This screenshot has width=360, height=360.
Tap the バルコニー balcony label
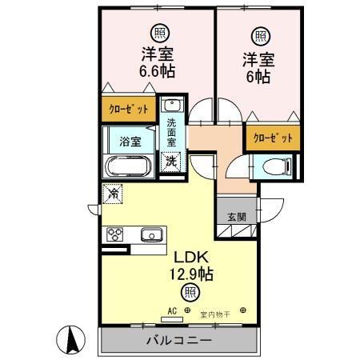[178, 339]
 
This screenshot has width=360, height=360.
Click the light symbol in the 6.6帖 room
[160, 33]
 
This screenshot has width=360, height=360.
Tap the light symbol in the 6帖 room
[260, 35]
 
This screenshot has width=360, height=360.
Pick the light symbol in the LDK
[189, 292]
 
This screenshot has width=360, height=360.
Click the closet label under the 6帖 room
[272, 138]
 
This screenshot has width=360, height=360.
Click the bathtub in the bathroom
[129, 168]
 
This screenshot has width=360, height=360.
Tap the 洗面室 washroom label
[173, 132]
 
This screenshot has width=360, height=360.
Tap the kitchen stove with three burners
[114, 234]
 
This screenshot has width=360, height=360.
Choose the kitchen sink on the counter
[151, 234]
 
